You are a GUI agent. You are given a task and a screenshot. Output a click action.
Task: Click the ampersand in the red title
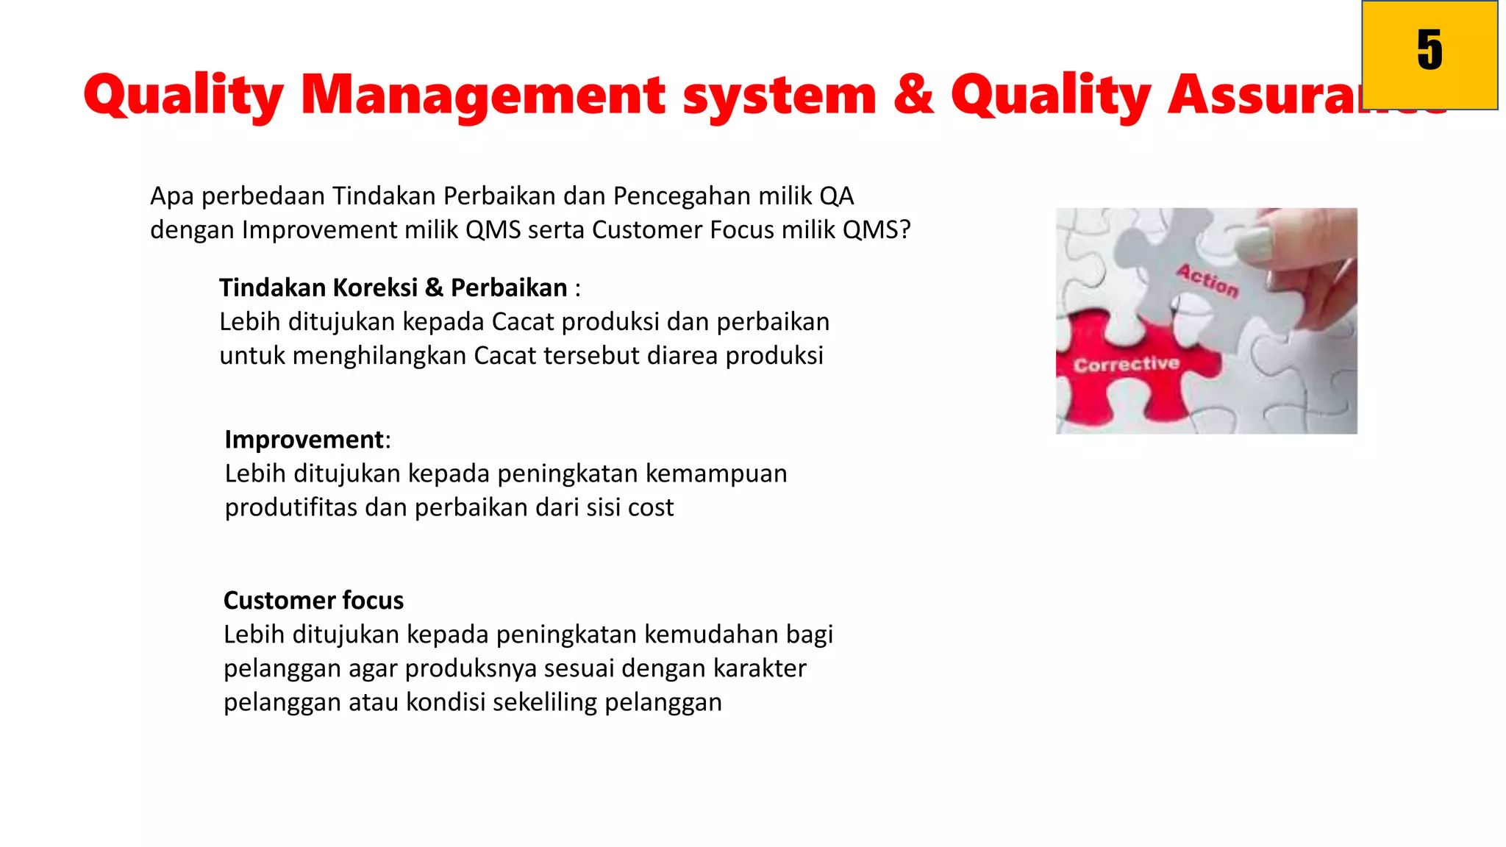(x=913, y=94)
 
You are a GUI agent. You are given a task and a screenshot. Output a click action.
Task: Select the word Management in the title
(x=483, y=96)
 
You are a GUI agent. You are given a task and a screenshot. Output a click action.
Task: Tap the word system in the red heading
(x=779, y=96)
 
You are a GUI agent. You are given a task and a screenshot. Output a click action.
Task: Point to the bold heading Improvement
(x=304, y=439)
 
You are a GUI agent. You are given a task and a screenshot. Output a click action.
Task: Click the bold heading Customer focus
(x=313, y=600)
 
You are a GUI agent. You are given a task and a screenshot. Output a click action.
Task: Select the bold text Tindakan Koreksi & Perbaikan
(x=393, y=287)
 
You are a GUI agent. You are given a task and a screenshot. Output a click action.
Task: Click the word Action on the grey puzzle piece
(x=1207, y=280)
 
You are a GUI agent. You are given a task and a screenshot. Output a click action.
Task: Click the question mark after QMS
(x=904, y=230)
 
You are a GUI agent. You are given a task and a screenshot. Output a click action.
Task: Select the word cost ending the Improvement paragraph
(x=649, y=507)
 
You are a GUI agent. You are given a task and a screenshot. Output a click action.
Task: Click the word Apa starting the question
(x=171, y=196)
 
